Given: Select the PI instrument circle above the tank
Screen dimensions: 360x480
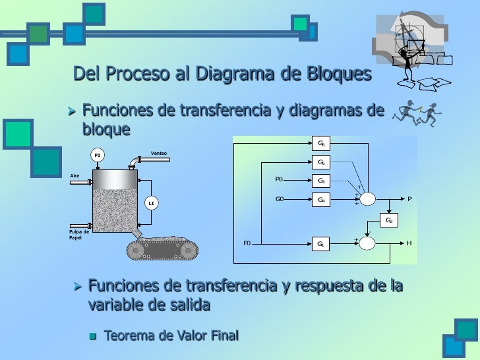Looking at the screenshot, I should click(98, 156).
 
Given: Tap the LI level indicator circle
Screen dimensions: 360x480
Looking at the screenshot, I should click(151, 203).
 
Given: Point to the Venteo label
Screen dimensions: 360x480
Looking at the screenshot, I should click(158, 154).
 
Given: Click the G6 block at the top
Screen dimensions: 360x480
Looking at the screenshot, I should click(321, 143).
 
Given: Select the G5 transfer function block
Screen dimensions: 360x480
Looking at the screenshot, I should click(321, 162).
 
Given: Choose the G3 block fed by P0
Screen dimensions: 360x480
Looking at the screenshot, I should click(321, 180).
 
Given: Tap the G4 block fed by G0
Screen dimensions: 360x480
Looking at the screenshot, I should click(321, 198).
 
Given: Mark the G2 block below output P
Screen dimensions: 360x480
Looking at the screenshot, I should click(389, 220).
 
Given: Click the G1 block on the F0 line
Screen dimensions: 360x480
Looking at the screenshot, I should click(321, 244).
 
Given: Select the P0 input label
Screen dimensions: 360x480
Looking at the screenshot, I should click(279, 179).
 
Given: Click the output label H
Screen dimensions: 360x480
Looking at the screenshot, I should click(409, 243).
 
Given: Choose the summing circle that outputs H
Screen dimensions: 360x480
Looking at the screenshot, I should click(367, 244).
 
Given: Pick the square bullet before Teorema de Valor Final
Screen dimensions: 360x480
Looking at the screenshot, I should click(92, 336).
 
